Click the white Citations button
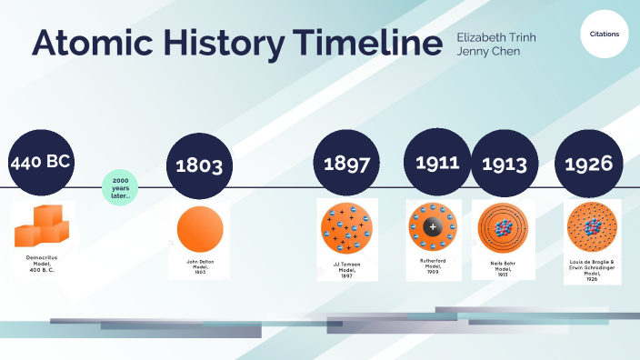pyautogui.click(x=605, y=33)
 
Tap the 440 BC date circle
pyautogui.click(x=40, y=164)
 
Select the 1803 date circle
pyautogui.click(x=199, y=165)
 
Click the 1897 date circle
pyautogui.click(x=346, y=165)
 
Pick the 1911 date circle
pyautogui.click(x=436, y=164)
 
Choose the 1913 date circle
pyautogui.click(x=505, y=165)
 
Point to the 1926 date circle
pyautogui.click(x=588, y=165)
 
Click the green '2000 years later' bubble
pyautogui.click(x=120, y=188)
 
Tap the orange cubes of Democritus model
pyautogui.click(x=42, y=226)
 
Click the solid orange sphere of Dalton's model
pyautogui.click(x=197, y=229)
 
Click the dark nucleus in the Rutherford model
pyautogui.click(x=433, y=226)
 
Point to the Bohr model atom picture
pyautogui.click(x=503, y=227)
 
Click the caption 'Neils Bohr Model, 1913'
pyautogui.click(x=503, y=269)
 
